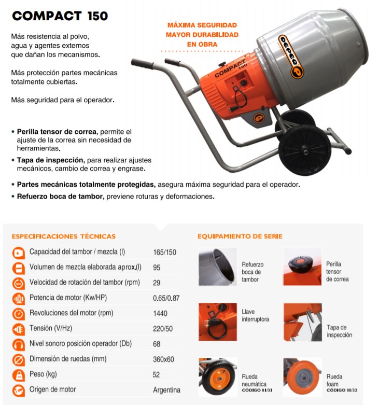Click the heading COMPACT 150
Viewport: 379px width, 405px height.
click(60, 16)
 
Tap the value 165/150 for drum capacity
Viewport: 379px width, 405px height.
click(164, 253)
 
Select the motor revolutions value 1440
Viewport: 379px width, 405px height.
click(161, 313)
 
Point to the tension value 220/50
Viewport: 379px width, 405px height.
click(163, 329)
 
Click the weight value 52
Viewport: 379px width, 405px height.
click(157, 374)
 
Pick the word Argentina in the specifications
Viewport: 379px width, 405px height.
click(166, 390)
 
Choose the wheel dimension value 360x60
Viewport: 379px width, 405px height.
click(164, 359)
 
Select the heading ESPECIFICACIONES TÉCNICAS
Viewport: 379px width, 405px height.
click(63, 236)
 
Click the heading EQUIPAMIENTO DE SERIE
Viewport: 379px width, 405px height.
click(240, 236)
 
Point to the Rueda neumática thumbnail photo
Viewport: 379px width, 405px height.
click(217, 377)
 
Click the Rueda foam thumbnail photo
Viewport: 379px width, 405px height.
click(302, 377)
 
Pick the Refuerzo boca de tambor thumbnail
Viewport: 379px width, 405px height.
click(217, 266)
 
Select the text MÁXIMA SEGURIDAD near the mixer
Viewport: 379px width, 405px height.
click(202, 25)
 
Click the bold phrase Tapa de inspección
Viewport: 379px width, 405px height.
click(50, 160)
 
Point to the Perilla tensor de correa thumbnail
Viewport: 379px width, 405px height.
click(302, 266)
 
